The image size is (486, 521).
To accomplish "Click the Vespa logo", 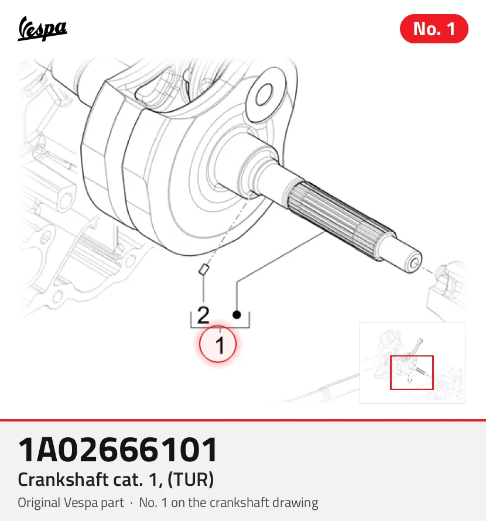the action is pyautogui.click(x=42, y=29).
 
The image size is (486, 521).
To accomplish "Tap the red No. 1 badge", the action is pyautogui.click(x=434, y=29).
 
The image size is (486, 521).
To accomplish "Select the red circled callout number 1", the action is pyautogui.click(x=218, y=344).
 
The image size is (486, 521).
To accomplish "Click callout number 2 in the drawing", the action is pyautogui.click(x=203, y=315).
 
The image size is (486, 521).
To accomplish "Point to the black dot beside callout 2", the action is pyautogui.click(x=237, y=314).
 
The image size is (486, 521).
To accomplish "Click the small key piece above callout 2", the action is pyautogui.click(x=203, y=269).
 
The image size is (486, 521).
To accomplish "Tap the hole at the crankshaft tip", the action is pyautogui.click(x=414, y=264).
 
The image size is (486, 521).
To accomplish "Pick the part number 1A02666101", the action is pyautogui.click(x=118, y=450).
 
